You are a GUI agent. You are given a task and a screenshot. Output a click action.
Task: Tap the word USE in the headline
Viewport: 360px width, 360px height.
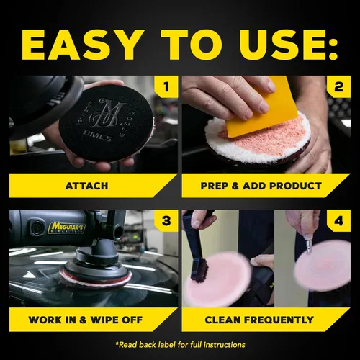[x=268, y=45]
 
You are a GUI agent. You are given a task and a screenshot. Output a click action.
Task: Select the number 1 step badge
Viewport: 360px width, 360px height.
[x=166, y=86]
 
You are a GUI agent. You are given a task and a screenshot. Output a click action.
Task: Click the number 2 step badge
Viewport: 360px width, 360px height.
[x=338, y=86]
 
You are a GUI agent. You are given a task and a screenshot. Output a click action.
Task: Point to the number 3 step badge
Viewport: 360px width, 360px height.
[x=166, y=221]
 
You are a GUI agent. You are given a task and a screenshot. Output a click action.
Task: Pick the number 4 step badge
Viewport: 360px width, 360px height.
[x=338, y=221]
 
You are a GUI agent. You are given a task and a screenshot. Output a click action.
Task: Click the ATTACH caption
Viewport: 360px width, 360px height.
[x=86, y=186]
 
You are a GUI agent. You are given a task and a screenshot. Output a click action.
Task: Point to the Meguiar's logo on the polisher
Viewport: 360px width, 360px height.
[x=66, y=228]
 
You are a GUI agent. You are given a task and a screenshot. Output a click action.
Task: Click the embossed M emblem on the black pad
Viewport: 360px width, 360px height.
[x=107, y=114]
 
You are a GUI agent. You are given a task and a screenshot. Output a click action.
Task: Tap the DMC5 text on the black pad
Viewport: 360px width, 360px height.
[x=97, y=135]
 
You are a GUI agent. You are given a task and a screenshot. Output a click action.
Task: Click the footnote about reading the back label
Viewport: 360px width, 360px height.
[x=180, y=345]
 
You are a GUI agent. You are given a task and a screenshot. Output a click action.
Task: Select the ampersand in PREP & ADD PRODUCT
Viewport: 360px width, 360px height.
[x=235, y=186]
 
